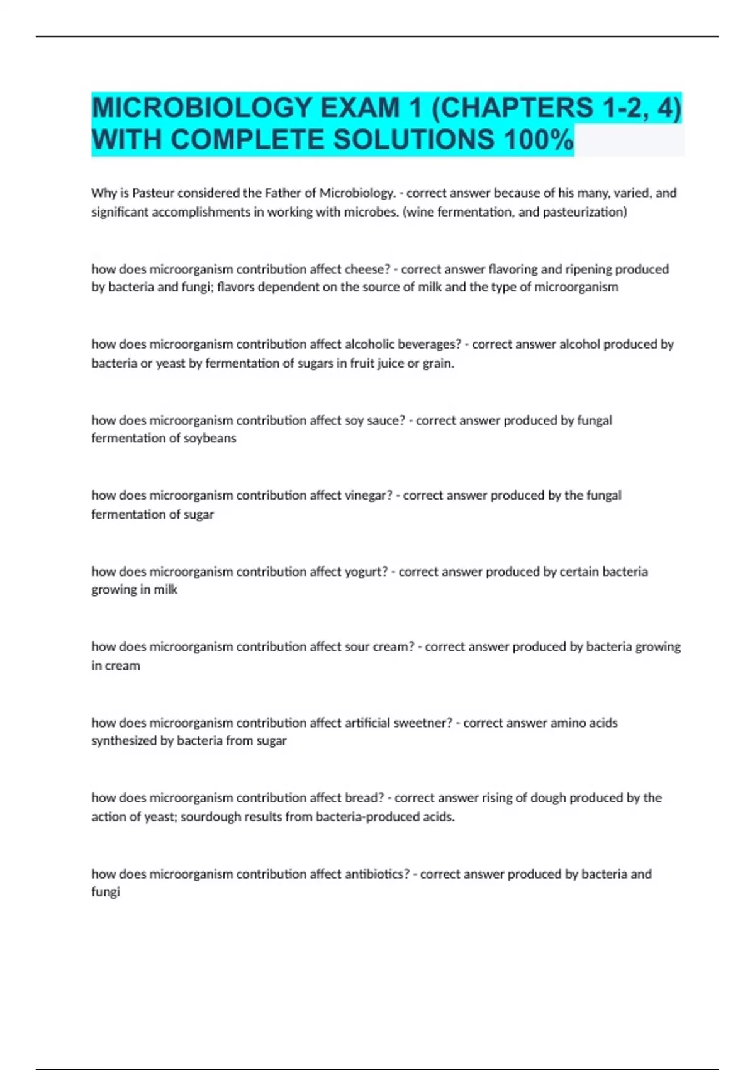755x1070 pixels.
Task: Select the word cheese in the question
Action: click(x=367, y=269)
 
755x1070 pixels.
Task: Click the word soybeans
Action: click(x=210, y=438)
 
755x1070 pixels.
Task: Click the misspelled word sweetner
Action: click(x=422, y=723)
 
